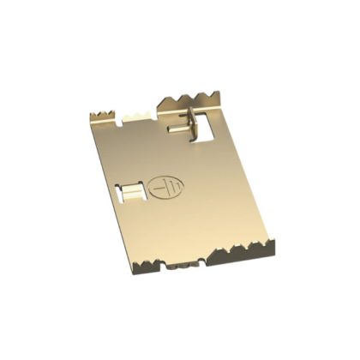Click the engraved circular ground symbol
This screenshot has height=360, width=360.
[x=161, y=186]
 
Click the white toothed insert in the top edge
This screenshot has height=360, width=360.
[x=135, y=113]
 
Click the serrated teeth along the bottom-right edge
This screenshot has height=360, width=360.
[x=253, y=249]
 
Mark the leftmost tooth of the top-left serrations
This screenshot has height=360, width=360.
[x=94, y=115]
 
